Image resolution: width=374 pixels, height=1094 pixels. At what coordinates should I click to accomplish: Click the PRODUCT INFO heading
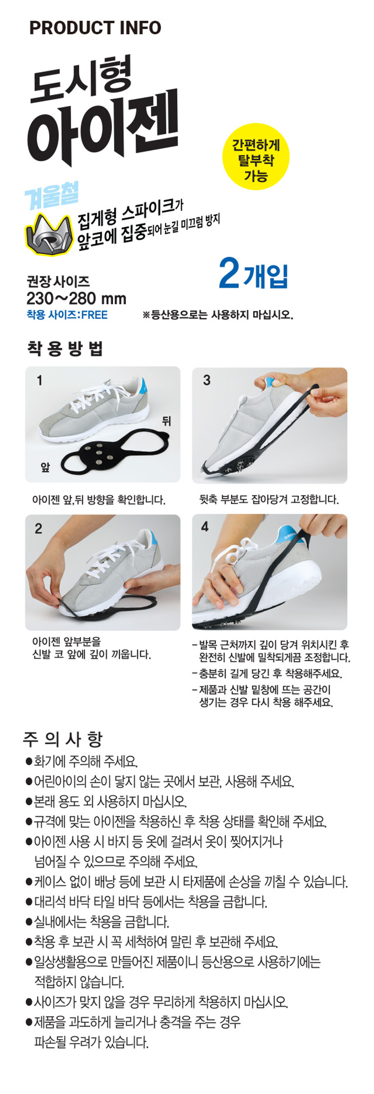(x=95, y=28)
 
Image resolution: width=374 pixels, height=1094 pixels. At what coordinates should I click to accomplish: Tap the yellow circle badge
(x=256, y=157)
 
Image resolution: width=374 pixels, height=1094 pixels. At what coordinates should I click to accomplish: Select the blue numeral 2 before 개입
(x=229, y=273)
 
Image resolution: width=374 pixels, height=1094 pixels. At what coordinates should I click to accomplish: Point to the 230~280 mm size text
(x=77, y=298)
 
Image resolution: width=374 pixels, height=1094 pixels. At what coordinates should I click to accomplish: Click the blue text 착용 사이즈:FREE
(x=67, y=315)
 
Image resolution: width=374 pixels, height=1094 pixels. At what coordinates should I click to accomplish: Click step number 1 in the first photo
(x=40, y=380)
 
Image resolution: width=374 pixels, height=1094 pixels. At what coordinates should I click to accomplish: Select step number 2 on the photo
(x=39, y=528)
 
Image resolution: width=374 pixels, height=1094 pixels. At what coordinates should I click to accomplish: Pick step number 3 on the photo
(x=207, y=380)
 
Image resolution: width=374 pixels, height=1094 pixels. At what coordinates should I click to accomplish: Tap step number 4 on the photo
(x=205, y=527)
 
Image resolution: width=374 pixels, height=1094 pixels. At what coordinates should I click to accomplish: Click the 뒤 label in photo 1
(x=166, y=421)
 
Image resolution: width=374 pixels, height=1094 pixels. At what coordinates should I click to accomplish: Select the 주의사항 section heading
(x=62, y=739)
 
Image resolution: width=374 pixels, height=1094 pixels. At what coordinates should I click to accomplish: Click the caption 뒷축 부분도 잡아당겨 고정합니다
(x=269, y=499)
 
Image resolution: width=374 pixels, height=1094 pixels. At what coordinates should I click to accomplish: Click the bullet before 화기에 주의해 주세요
(x=29, y=761)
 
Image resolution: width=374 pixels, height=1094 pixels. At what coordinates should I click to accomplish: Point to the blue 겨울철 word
(x=52, y=195)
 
